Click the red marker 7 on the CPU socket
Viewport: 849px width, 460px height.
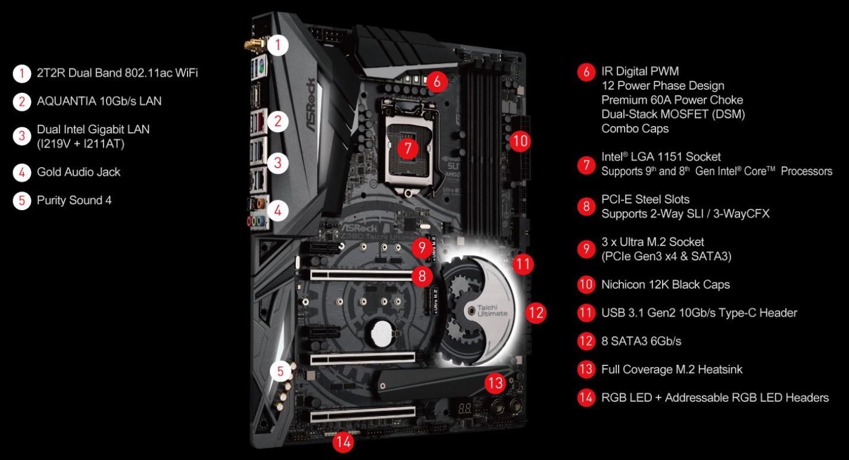(407, 148)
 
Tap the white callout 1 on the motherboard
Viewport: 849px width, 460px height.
(278, 45)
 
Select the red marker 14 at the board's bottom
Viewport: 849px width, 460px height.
(342, 441)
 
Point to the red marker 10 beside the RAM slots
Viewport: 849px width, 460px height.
(520, 141)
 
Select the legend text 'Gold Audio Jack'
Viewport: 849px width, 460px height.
(79, 172)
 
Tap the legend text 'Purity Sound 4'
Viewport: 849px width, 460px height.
(74, 201)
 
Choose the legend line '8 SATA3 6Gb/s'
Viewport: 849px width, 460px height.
(641, 341)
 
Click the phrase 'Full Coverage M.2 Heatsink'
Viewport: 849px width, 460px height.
(672, 370)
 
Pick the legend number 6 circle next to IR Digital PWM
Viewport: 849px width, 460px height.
(586, 72)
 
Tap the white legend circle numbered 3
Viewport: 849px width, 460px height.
(21, 136)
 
